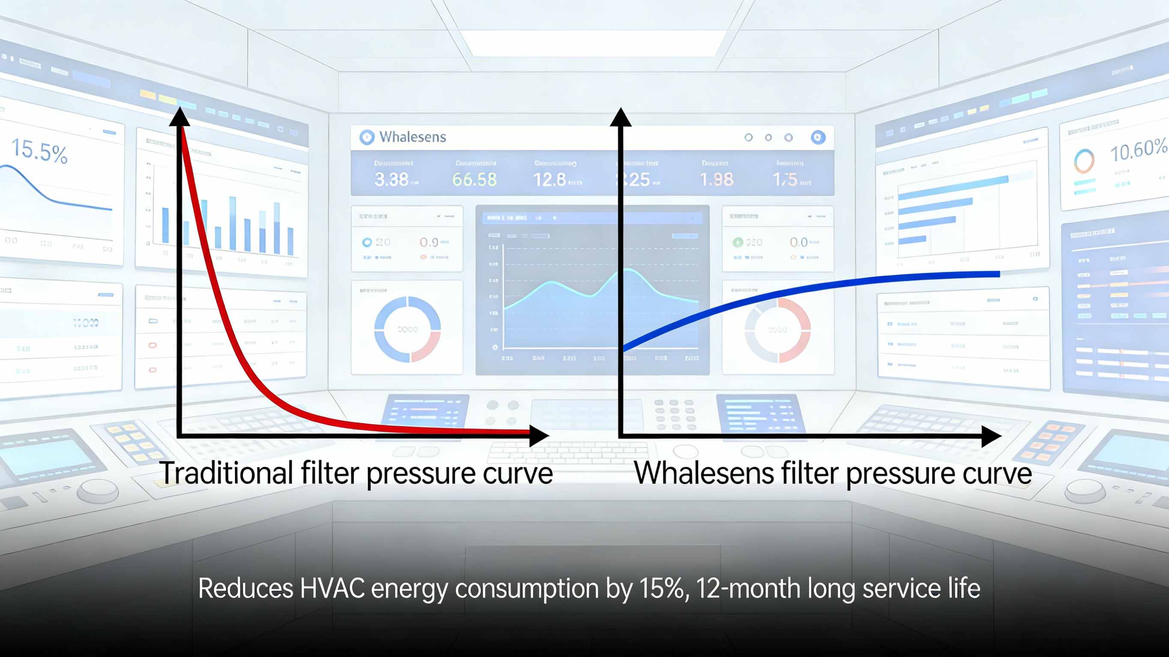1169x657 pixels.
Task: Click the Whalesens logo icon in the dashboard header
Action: coord(367,137)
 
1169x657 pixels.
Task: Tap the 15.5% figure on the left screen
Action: coord(39,151)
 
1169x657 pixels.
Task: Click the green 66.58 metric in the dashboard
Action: coord(474,180)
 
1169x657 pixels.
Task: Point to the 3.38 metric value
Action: coord(391,180)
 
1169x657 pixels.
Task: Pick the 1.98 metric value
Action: coord(716,180)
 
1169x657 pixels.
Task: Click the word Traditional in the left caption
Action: coord(226,473)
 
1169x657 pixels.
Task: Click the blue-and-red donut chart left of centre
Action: coord(407,329)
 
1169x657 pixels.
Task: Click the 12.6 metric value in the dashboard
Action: coord(549,180)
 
